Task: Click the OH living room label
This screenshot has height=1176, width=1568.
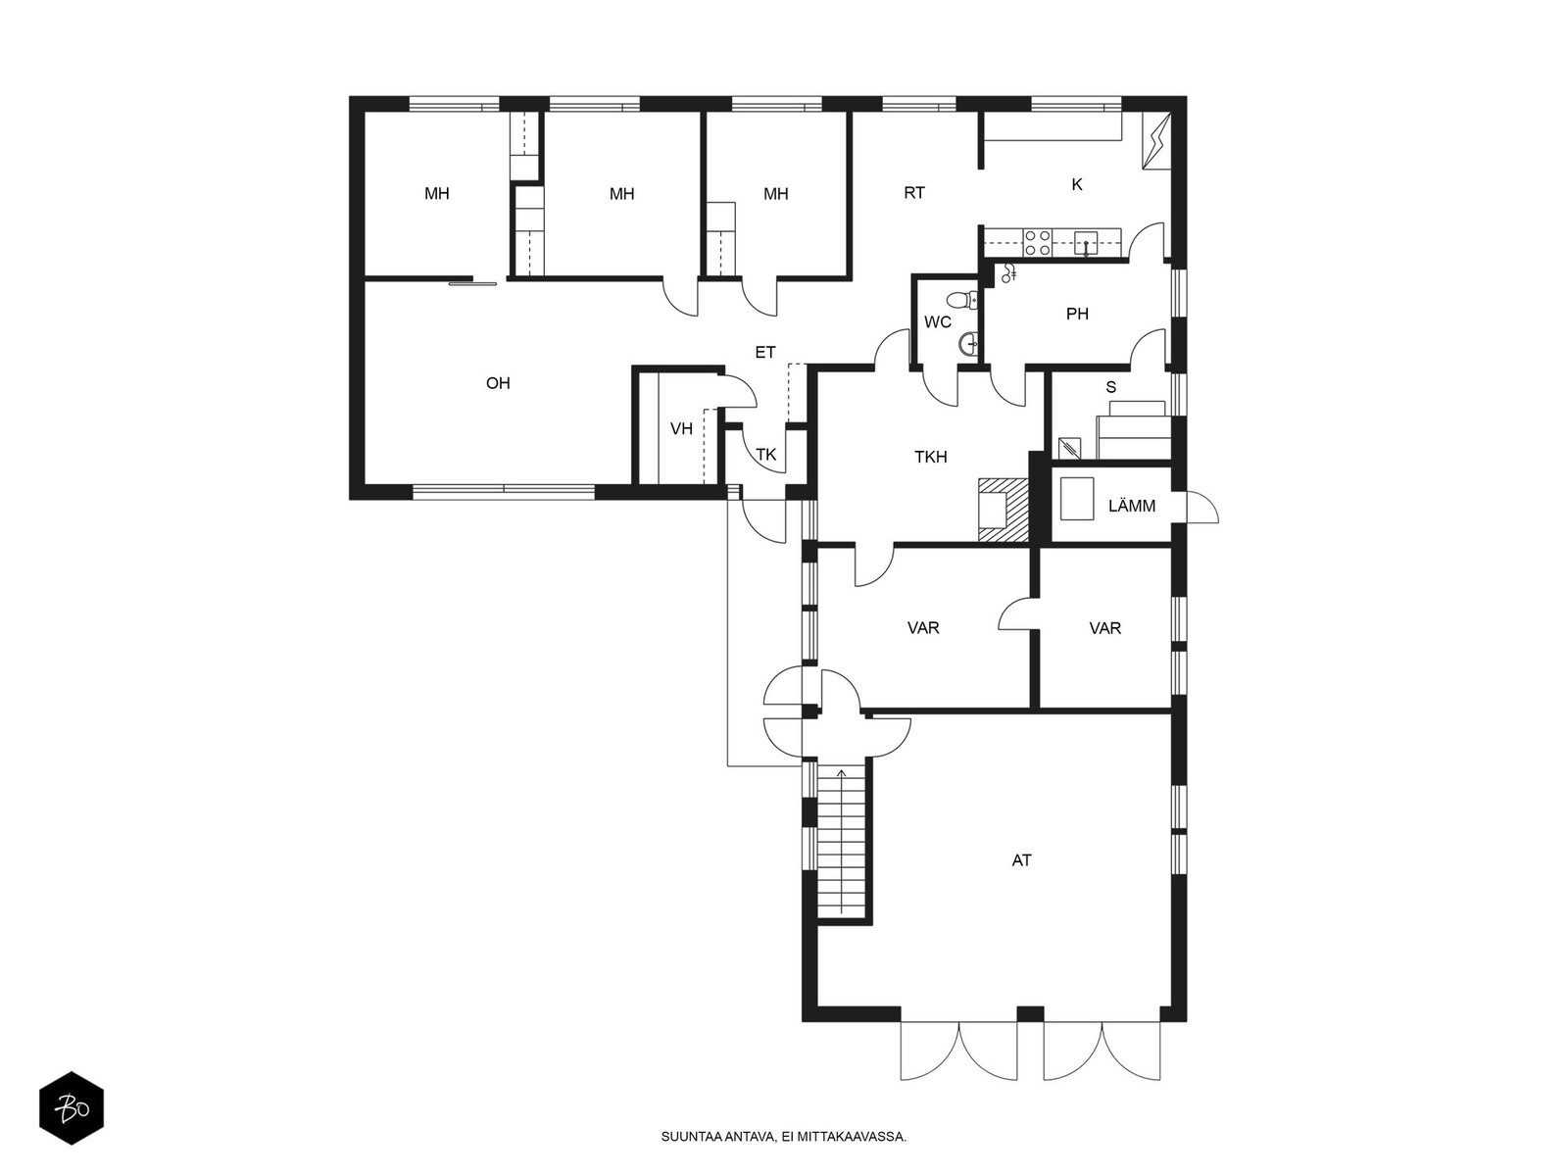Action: point(498,383)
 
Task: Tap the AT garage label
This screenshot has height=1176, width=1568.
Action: point(1021,860)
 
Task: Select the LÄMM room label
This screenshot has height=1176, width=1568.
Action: point(1132,507)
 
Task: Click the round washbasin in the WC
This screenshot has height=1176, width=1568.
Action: point(969,344)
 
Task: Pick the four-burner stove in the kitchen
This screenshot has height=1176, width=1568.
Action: point(1037,242)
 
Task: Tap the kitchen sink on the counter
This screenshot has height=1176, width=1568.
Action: point(1087,244)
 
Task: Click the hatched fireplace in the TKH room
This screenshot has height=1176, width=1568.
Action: point(1003,512)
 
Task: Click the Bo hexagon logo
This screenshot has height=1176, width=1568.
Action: point(72,1108)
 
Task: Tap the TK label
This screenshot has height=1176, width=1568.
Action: point(765,455)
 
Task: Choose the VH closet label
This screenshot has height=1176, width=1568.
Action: point(681,429)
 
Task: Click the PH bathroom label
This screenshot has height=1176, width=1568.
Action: point(1077,314)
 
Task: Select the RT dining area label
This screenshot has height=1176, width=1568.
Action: point(914,193)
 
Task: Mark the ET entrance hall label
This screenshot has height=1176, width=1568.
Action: point(765,352)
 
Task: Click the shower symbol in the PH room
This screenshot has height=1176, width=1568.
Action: point(1008,272)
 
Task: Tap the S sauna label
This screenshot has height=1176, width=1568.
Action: point(1110,387)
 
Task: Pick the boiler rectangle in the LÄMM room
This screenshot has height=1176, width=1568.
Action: point(1076,499)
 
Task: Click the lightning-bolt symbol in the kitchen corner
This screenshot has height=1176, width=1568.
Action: point(1156,141)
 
